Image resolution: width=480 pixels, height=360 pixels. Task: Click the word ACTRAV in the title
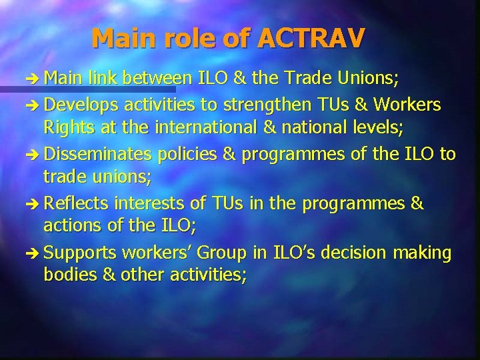click(x=310, y=38)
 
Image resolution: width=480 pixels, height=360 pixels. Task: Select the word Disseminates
click(x=97, y=155)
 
